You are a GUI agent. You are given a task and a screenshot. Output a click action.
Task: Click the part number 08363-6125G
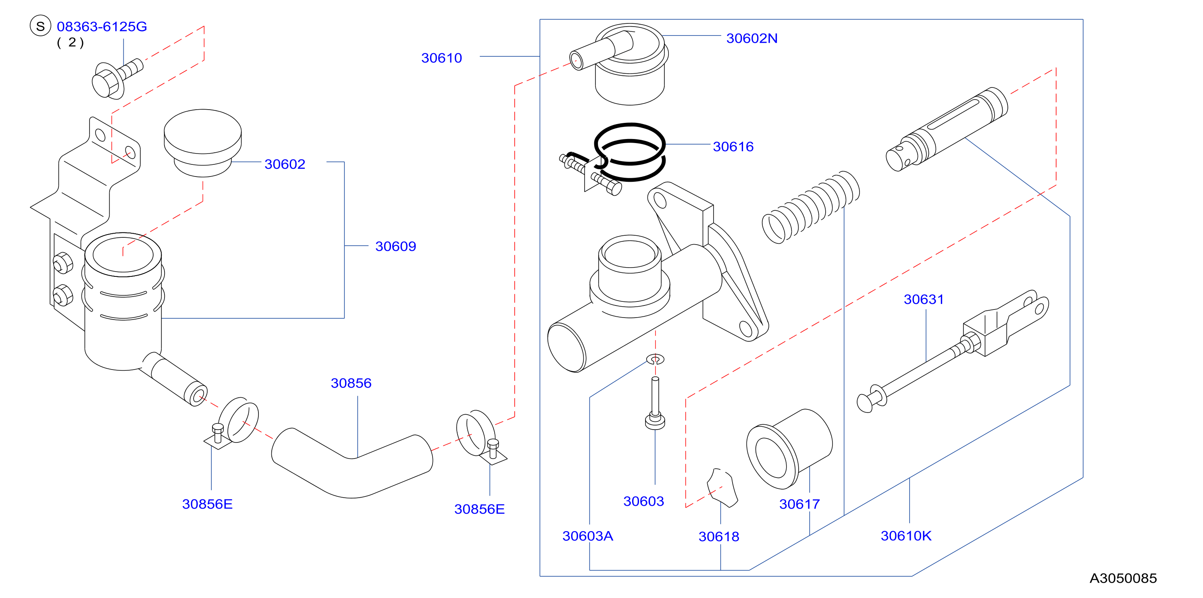102,27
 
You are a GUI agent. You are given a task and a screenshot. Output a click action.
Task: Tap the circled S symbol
40,26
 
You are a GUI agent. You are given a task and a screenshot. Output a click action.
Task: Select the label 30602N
751,38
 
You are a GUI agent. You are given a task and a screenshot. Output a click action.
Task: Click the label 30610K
905,536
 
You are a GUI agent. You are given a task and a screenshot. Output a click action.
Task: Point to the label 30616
733,147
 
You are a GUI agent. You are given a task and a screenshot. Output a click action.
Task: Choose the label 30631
923,299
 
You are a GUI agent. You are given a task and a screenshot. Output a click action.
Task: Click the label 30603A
587,536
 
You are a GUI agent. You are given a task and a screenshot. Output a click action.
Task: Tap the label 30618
719,537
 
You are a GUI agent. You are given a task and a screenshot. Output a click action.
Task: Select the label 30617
799,504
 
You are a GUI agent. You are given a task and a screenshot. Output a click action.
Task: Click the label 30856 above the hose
351,383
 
